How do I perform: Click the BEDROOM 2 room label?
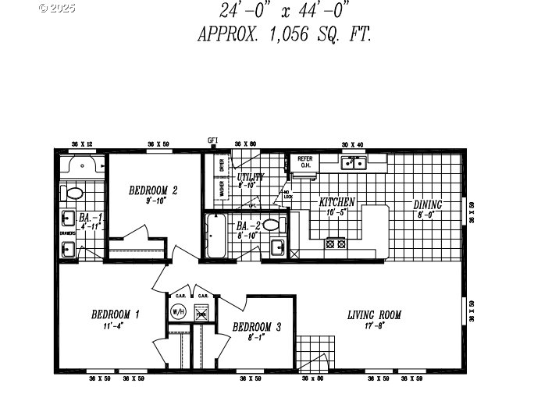click(x=153, y=190)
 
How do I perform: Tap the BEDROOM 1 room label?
click(x=115, y=314)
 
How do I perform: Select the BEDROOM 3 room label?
click(x=252, y=326)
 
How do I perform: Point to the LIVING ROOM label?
click(x=374, y=315)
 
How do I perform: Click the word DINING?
click(x=429, y=205)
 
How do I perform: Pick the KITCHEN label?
click(x=336, y=202)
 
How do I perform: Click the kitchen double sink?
click(x=354, y=163)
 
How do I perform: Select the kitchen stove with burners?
click(x=336, y=243)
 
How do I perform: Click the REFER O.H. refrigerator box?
click(x=304, y=162)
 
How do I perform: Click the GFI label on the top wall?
click(x=212, y=140)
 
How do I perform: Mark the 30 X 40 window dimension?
click(x=352, y=144)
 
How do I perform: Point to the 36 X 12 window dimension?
click(x=81, y=144)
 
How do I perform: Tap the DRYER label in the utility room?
click(x=222, y=165)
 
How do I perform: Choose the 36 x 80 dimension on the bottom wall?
click(x=312, y=378)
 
